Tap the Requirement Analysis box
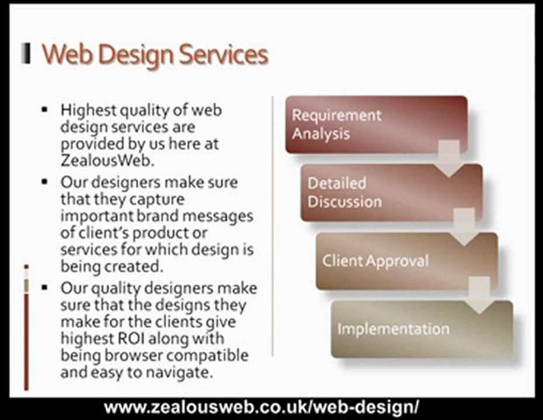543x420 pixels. coord(376,124)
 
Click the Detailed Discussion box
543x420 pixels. coord(391,192)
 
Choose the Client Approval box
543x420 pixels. coord(406,261)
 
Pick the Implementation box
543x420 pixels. coord(422,329)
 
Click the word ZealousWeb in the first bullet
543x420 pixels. coord(98,160)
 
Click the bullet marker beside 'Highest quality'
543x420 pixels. coord(44,110)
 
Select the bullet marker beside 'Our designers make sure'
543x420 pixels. coord(44,182)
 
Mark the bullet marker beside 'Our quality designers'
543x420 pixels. coord(44,288)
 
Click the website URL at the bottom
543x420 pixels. coord(262,407)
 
